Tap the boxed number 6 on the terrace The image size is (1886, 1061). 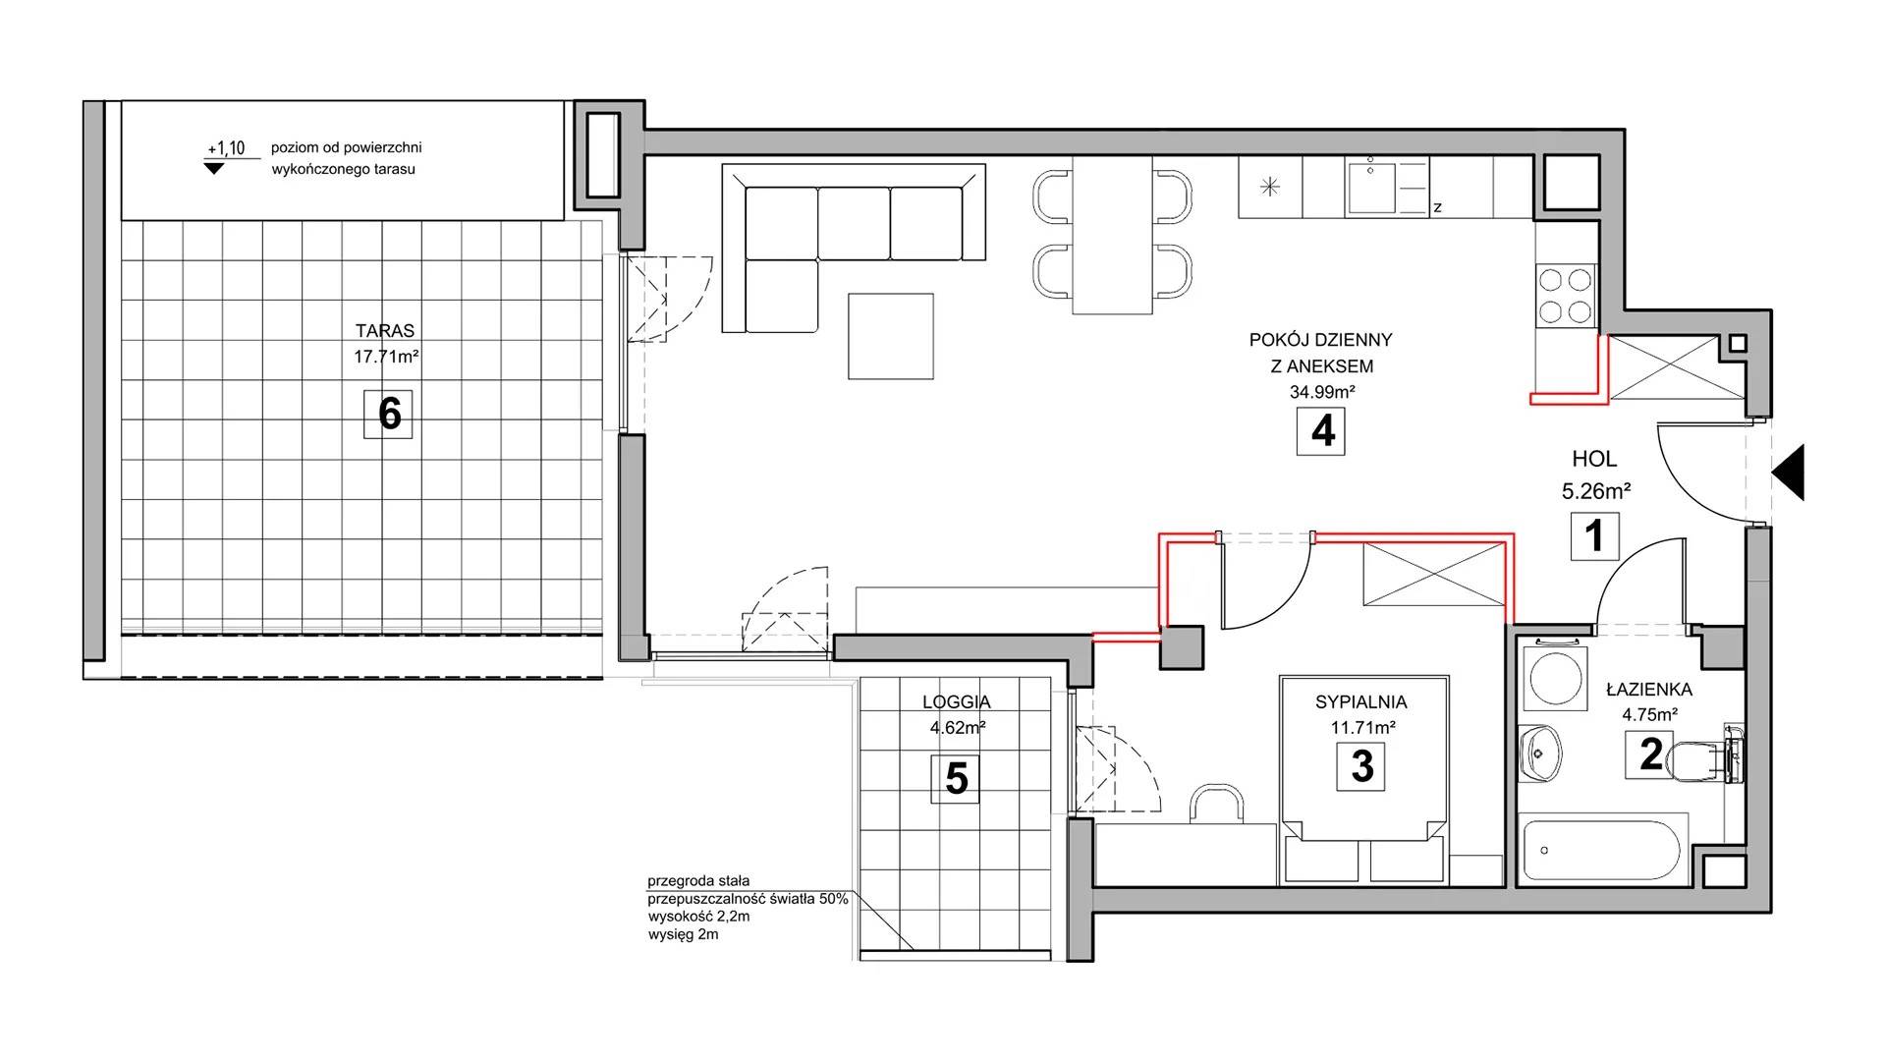click(x=389, y=414)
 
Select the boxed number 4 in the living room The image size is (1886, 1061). click(x=1321, y=430)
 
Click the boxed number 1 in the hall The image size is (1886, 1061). click(x=1594, y=536)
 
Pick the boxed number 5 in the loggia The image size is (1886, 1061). click(x=956, y=779)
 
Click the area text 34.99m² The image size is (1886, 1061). click(x=1322, y=392)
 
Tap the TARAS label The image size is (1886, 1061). click(x=385, y=331)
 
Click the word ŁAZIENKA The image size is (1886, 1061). click(x=1649, y=689)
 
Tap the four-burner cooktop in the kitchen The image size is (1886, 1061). click(x=1565, y=296)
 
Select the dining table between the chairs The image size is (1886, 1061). click(x=1112, y=236)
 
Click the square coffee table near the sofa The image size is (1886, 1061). click(x=891, y=336)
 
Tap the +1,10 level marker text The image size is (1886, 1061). click(x=225, y=149)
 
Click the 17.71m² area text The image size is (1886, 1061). click(x=386, y=357)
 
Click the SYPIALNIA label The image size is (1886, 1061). click(x=1361, y=702)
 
